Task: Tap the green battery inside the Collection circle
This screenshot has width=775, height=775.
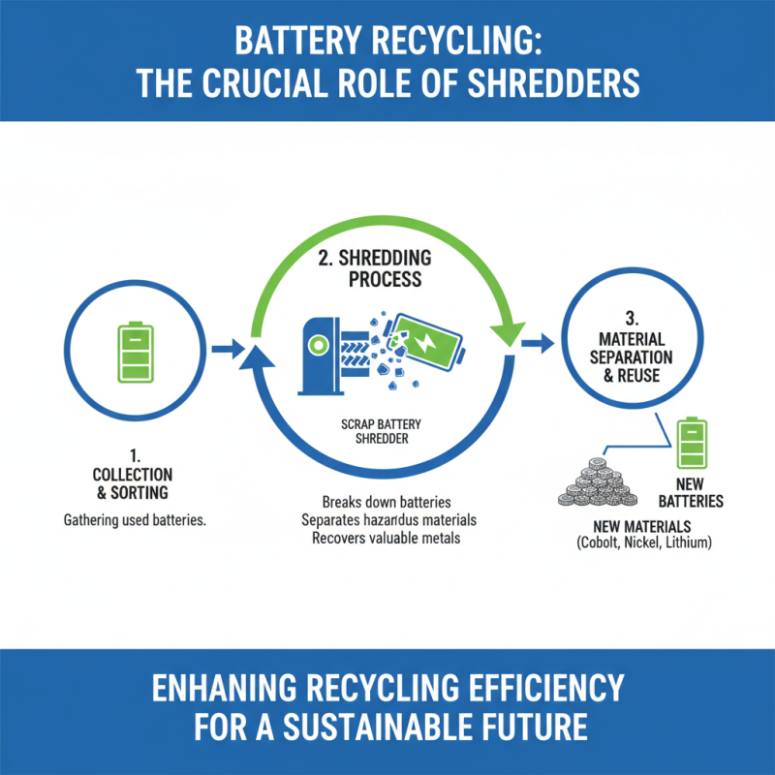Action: pyautogui.click(x=135, y=352)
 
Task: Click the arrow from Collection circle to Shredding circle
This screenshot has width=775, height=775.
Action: pyautogui.click(x=229, y=347)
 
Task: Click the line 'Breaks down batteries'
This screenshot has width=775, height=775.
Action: pyautogui.click(x=387, y=502)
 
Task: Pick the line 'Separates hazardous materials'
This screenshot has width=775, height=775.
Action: pyautogui.click(x=387, y=520)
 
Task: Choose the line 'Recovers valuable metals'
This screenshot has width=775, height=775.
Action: pyautogui.click(x=387, y=538)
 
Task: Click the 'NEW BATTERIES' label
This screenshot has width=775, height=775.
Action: pyautogui.click(x=692, y=492)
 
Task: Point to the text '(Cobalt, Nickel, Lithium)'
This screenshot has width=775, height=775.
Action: pyautogui.click(x=641, y=544)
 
